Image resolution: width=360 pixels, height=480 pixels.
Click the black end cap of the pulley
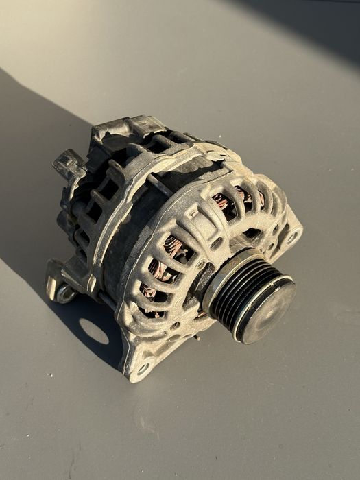pyautogui.click(x=269, y=309)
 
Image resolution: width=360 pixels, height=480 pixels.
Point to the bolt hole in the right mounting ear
pyautogui.click(x=293, y=237)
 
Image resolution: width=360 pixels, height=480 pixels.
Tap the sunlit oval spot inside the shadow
pyautogui.click(x=95, y=332)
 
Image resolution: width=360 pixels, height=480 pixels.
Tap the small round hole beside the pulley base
pyautogui.click(x=200, y=265)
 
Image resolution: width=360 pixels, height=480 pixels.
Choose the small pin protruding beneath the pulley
pyautogui.click(x=197, y=337)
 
